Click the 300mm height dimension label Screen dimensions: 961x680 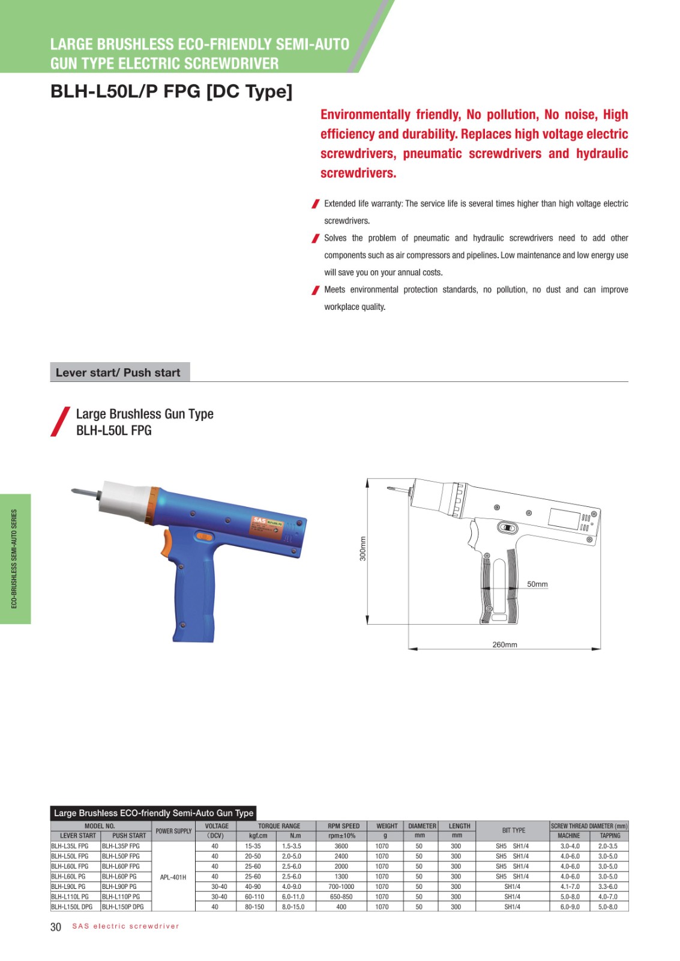pos(363,548)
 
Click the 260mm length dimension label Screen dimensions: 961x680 pos(504,644)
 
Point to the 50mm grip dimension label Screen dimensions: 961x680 pos(537,584)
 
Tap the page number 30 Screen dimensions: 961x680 pos(56,927)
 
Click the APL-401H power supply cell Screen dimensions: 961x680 pos(173,877)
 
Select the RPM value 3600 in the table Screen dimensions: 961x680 pos(341,846)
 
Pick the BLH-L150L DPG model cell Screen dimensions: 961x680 pos(72,907)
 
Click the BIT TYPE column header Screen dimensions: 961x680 pos(513,830)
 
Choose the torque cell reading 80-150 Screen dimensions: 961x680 pos(254,907)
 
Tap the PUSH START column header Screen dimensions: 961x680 pos(128,835)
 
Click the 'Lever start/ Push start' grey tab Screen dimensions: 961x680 pos(119,372)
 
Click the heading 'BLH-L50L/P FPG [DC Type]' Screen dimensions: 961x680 pos(171,91)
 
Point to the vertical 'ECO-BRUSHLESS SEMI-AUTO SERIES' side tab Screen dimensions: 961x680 pos(15,559)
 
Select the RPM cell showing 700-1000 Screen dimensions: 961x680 pos(341,887)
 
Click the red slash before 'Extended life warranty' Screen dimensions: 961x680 pos(315,204)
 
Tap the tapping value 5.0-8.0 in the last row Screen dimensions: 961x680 pos(607,907)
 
